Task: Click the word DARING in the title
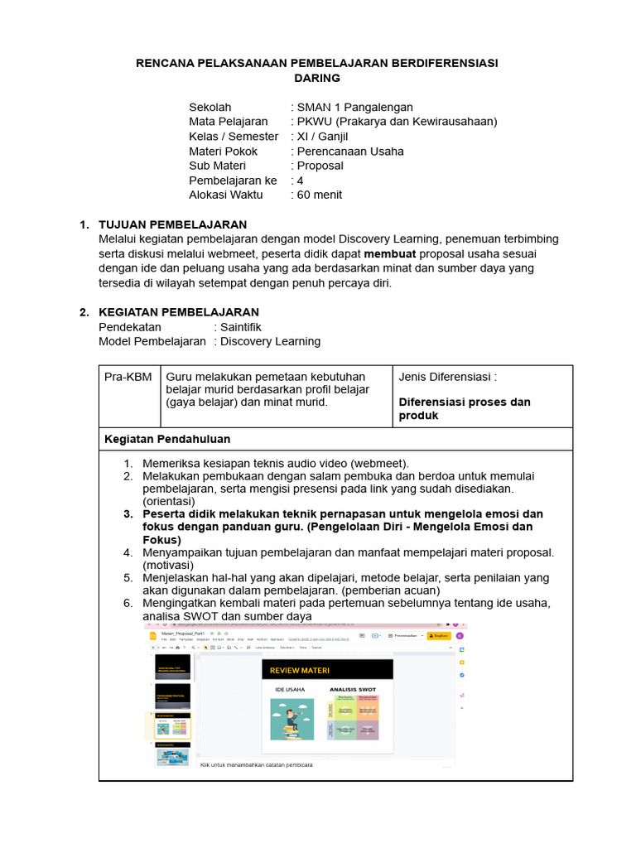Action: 317,78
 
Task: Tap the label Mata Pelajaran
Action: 228,122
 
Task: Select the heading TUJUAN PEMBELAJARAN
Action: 172,224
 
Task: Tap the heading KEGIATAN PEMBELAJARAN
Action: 178,312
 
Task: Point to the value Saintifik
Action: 241,327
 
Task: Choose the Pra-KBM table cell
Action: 128,377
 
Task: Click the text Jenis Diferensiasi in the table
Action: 447,377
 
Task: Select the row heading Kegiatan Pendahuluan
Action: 167,439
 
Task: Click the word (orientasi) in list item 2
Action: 169,501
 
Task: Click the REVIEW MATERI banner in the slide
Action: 326,670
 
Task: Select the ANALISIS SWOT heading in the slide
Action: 354,689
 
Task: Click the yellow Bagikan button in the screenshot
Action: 439,635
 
